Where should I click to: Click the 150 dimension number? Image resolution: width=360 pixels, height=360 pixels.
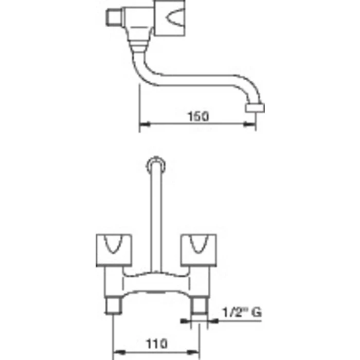[x=199, y=116]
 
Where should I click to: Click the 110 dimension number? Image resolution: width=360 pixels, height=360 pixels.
[x=157, y=344]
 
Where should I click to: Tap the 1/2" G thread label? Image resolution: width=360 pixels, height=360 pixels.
[x=242, y=312]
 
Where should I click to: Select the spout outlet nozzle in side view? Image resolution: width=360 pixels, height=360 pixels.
[x=255, y=108]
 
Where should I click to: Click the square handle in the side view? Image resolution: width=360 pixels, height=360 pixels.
[x=169, y=18]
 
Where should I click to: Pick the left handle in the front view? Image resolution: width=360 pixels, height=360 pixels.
[x=114, y=250]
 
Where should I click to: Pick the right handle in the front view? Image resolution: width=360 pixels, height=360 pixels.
[x=199, y=250]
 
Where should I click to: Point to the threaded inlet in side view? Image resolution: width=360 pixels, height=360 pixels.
[x=114, y=17]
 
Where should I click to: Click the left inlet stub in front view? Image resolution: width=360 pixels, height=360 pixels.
[x=113, y=306]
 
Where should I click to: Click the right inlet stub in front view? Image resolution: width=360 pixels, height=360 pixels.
[x=200, y=306]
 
